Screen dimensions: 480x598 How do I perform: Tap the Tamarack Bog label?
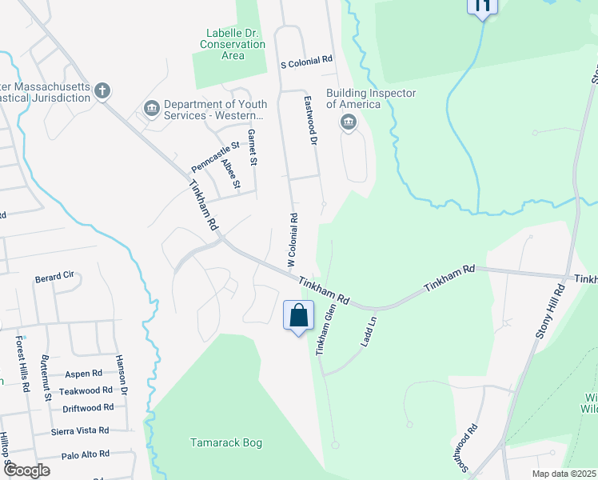pyautogui.click(x=226, y=442)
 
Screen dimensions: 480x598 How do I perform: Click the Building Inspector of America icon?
pyautogui.click(x=348, y=122)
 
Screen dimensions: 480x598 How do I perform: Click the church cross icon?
pyautogui.click(x=102, y=90)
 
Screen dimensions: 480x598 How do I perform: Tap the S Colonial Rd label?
pyautogui.click(x=306, y=61)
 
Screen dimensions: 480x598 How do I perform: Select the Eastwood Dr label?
pyautogui.click(x=311, y=120)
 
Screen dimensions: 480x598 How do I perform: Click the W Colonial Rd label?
pyautogui.click(x=293, y=240)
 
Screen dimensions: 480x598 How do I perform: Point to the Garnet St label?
pyautogui.click(x=253, y=147)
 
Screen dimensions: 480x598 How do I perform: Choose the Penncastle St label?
pyautogui.click(x=215, y=158)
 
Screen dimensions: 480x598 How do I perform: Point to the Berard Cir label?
pyautogui.click(x=54, y=278)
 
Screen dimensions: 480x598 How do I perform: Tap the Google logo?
pyautogui.click(x=26, y=470)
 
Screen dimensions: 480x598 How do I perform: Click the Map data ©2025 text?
pyautogui.click(x=563, y=474)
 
